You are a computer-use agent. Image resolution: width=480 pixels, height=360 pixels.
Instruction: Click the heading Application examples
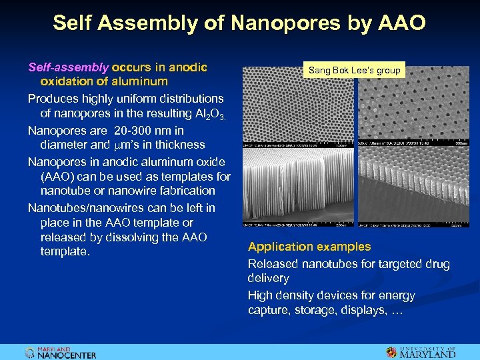point(309,247)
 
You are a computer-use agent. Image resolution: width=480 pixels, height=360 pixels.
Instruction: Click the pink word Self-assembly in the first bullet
point(68,67)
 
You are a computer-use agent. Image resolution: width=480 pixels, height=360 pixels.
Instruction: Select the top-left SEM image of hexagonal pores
point(299,107)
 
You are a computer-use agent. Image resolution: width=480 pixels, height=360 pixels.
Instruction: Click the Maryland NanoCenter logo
point(61,353)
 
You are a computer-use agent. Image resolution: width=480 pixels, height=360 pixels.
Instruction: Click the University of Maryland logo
point(421,352)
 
